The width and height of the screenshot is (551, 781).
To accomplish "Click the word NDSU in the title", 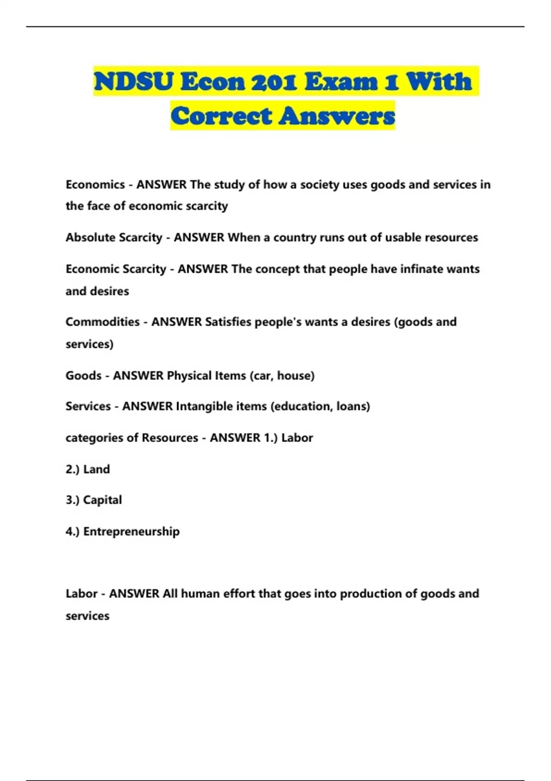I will (134, 82).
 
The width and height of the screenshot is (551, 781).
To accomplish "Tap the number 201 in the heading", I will (274, 82).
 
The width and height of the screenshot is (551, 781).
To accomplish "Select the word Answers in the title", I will (337, 116).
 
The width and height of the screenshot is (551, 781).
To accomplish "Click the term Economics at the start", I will (95, 185).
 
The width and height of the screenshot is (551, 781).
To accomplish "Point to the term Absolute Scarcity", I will (114, 238).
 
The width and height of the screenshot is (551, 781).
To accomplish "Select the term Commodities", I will (102, 322).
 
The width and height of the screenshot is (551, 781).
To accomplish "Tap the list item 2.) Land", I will (88, 469).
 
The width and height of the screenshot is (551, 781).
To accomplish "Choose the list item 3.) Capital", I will (94, 500).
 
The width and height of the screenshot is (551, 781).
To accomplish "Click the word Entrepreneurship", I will (131, 532).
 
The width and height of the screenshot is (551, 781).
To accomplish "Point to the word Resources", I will (170, 438).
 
